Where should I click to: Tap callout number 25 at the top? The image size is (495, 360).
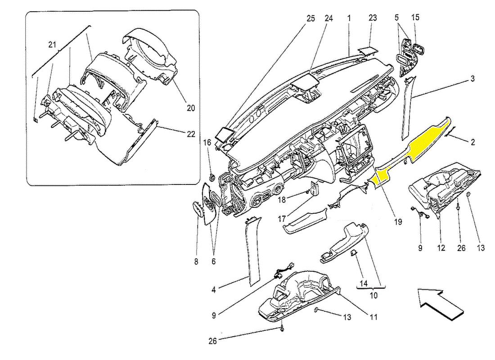(311, 18)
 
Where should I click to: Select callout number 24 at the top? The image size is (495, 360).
(328, 18)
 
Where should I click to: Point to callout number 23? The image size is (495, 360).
(373, 18)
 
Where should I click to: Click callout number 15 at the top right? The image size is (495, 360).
(415, 18)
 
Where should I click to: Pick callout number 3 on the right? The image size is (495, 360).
(472, 79)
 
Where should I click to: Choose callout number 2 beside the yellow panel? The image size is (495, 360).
(473, 142)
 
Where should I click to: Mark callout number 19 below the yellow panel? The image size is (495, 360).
(399, 221)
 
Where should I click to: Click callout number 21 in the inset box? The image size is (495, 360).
(53, 45)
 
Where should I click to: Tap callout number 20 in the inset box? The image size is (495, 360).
(191, 108)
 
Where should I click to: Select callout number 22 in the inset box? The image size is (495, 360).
(191, 134)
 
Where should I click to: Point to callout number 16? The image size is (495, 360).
(207, 143)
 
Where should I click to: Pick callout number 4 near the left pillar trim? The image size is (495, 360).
(214, 290)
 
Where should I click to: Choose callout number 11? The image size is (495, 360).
(373, 317)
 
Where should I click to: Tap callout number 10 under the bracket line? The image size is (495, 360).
(373, 296)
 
